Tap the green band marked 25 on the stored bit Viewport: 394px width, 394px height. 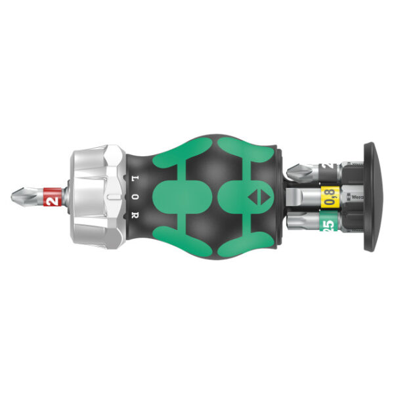click(327, 222)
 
